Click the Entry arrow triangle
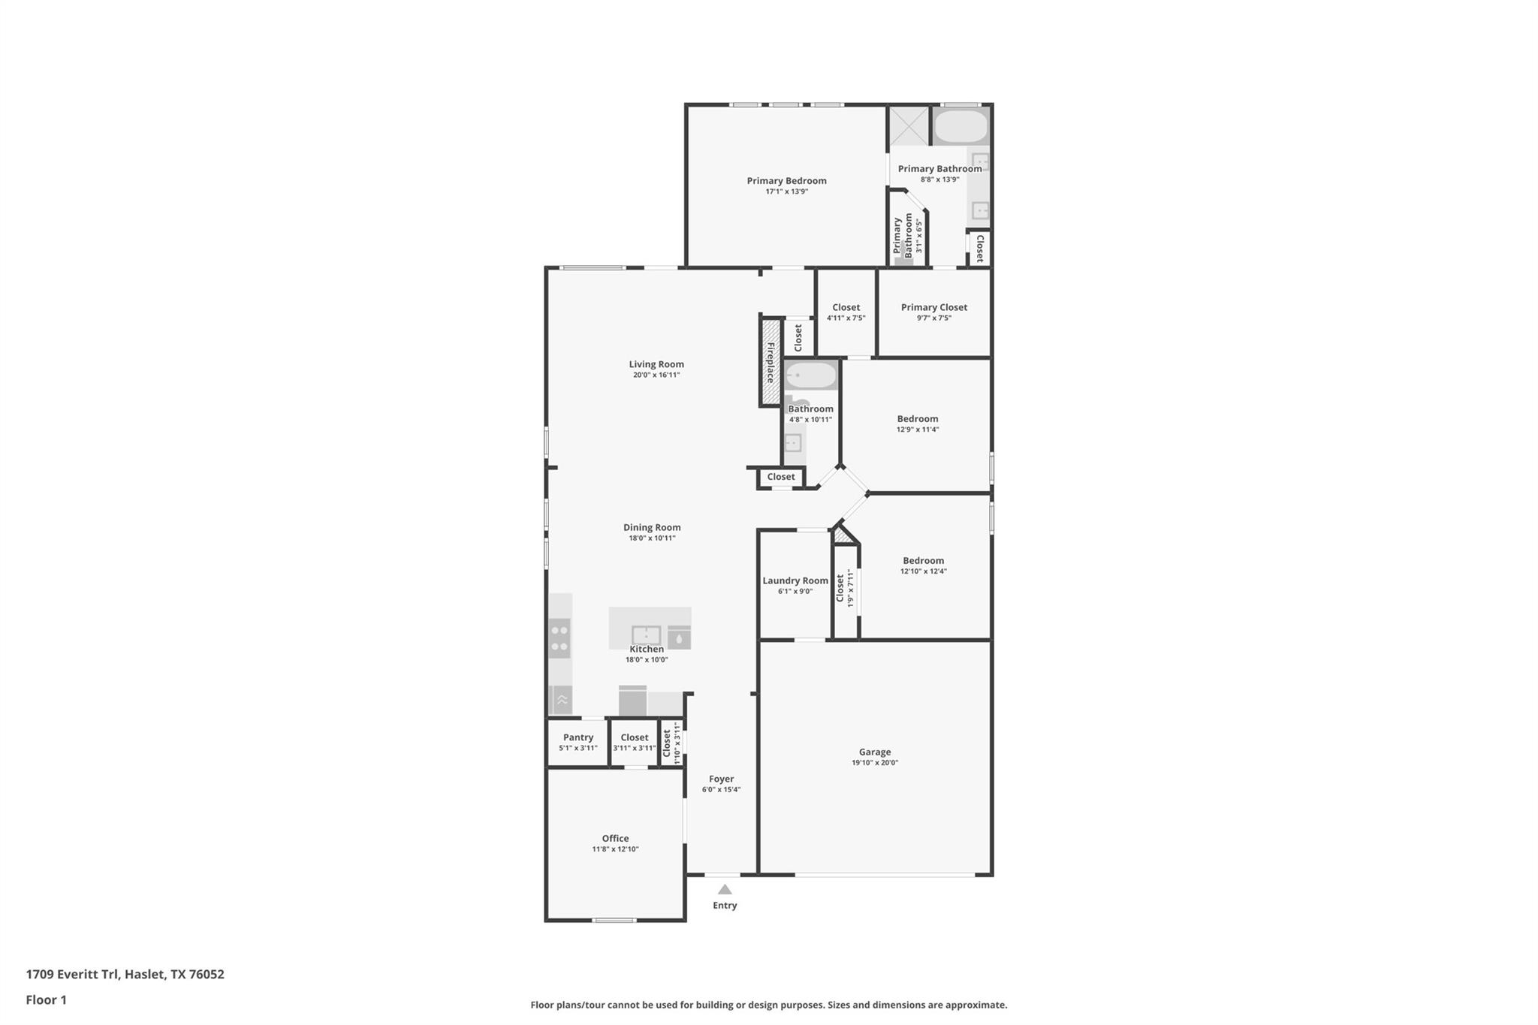(x=725, y=889)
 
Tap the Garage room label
(x=875, y=752)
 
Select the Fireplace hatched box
(x=770, y=362)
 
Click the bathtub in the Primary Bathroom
(x=960, y=127)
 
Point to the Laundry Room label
(x=795, y=580)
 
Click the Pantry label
(x=578, y=737)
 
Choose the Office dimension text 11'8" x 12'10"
(x=615, y=849)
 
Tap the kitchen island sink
(x=646, y=635)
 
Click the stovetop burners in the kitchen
(x=559, y=638)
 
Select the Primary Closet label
(x=934, y=307)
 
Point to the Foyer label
(x=722, y=779)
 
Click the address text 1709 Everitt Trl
(x=72, y=974)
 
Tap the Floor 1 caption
(x=47, y=999)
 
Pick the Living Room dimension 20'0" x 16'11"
(x=656, y=375)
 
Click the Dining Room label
(x=652, y=527)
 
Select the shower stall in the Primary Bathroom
(x=909, y=126)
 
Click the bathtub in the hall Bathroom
(x=810, y=375)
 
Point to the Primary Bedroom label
(x=786, y=180)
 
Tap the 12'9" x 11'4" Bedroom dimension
(x=918, y=430)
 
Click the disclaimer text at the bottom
(x=769, y=1005)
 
